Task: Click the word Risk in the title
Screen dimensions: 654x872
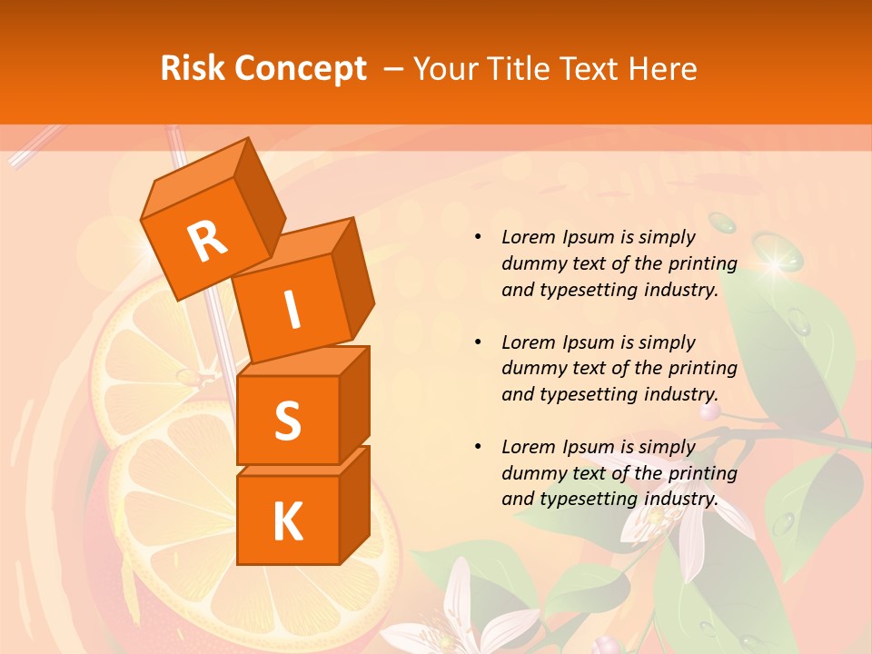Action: pos(192,68)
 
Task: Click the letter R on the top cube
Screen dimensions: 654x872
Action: pos(207,241)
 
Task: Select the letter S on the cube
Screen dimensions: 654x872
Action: pos(287,421)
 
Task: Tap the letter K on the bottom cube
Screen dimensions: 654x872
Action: pos(287,521)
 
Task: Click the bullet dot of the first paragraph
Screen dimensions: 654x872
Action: pos(478,238)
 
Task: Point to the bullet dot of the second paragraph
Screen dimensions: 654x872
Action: pos(478,342)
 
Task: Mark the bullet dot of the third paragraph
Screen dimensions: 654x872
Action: pos(478,447)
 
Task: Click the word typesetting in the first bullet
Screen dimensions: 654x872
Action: pos(590,290)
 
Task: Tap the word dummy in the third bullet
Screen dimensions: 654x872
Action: pos(532,473)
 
